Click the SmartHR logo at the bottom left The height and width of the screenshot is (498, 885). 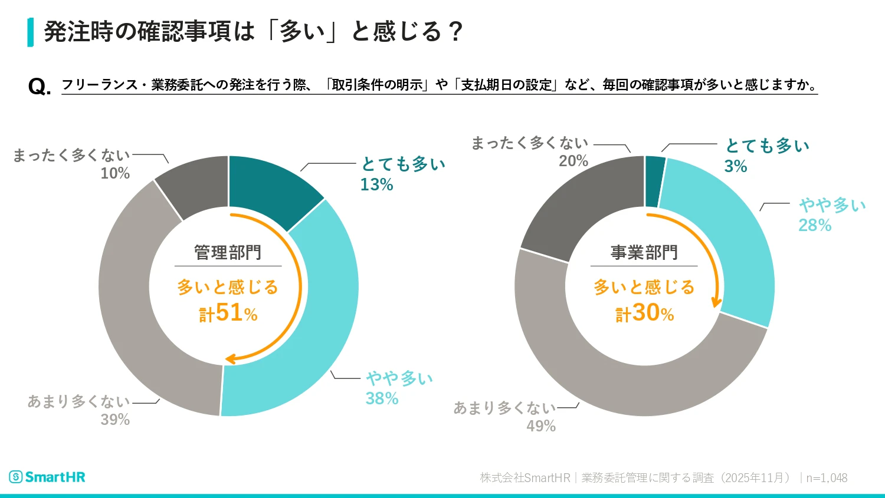click(x=47, y=477)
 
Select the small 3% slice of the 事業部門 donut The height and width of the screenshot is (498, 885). click(x=655, y=182)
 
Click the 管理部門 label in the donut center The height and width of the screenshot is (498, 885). click(x=228, y=253)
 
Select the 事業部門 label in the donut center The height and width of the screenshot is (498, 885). click(x=644, y=253)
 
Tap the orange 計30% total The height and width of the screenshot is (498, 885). click(x=645, y=313)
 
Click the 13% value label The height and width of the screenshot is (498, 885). click(x=376, y=184)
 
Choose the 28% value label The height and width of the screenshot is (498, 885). click(x=815, y=225)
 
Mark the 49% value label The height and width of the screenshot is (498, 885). click(x=541, y=426)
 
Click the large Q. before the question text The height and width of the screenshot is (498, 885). click(x=39, y=87)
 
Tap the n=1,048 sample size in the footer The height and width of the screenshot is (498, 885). click(x=827, y=478)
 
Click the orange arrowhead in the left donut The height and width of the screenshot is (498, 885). click(x=231, y=358)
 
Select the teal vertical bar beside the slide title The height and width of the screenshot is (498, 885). click(x=30, y=32)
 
